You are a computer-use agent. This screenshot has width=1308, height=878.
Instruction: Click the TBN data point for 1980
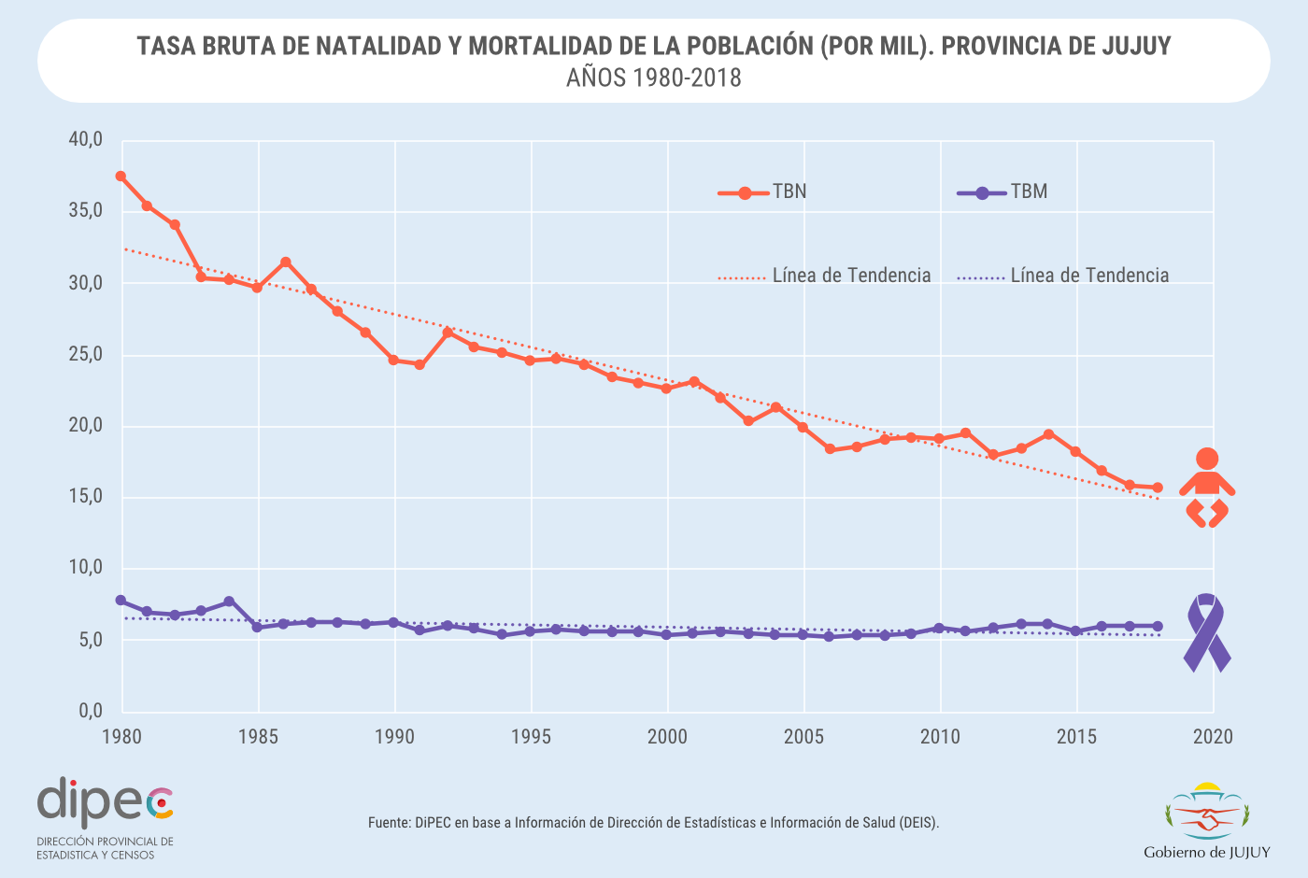121,176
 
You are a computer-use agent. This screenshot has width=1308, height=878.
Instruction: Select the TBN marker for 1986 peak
285,262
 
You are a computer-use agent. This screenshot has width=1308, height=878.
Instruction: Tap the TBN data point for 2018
1158,488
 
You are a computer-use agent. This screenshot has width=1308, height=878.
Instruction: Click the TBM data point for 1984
229,602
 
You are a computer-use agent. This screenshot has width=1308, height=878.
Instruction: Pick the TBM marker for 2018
1158,626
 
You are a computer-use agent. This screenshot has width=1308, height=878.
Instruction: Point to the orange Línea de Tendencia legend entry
825,276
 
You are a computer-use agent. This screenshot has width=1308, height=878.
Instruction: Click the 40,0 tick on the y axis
85,140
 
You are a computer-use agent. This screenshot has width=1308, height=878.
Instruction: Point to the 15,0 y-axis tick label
85,497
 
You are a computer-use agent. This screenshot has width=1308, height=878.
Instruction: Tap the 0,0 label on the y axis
91,711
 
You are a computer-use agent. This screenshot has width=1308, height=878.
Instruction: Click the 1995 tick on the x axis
531,737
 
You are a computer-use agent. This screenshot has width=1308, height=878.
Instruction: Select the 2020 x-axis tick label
1214,737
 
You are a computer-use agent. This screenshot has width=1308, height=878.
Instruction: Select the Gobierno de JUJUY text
1207,852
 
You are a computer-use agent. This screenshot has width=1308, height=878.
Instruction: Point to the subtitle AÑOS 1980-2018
654,78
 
